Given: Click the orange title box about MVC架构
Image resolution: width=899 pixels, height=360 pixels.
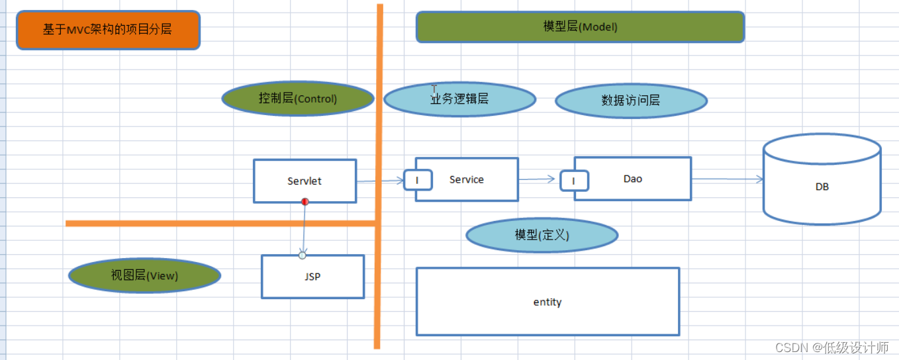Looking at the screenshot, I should coord(108,30).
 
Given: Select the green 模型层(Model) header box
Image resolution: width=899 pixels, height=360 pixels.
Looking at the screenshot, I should coord(580,27).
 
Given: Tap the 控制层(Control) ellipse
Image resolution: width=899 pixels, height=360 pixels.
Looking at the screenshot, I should coord(297,99).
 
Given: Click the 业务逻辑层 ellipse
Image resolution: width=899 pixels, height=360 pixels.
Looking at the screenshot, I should coord(459,99).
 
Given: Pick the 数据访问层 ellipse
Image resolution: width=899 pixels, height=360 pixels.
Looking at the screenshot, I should coord(631,101).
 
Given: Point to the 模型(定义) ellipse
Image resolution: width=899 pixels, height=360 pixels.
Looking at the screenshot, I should coord(542,235).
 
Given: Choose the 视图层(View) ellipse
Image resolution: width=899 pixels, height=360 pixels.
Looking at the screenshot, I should coord(144,275).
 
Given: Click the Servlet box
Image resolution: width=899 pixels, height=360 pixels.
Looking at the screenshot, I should coord(305,181).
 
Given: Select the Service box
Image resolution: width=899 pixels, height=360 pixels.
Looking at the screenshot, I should coord(473,179).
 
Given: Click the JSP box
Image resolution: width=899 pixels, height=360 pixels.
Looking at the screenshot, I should coord(312,277).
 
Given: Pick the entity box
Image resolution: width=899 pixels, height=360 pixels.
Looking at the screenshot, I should coord(547,302).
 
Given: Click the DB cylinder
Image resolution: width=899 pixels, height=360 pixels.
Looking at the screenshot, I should coord(822,187).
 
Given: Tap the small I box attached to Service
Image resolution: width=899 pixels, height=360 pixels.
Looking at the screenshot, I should coord(417,180).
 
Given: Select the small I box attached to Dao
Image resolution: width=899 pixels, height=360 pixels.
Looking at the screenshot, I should coord(574,181).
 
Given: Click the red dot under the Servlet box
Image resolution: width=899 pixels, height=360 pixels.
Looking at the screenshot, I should coord(305,201).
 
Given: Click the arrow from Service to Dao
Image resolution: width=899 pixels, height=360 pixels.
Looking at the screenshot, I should coord(537,179).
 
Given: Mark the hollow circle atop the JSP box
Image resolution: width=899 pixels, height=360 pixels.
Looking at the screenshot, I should coord(303,255).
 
